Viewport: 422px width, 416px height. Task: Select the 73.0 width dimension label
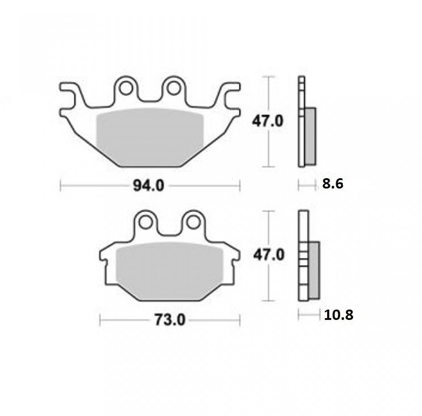170,320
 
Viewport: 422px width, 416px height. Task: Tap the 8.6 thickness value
332,184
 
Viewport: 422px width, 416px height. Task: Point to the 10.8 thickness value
339,315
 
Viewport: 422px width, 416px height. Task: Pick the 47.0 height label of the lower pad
269,255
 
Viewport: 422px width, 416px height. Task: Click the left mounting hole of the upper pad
126,88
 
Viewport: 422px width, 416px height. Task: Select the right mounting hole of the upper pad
173,88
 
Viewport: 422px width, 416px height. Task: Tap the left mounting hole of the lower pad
145,223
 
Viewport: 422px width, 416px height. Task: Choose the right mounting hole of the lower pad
193,223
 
